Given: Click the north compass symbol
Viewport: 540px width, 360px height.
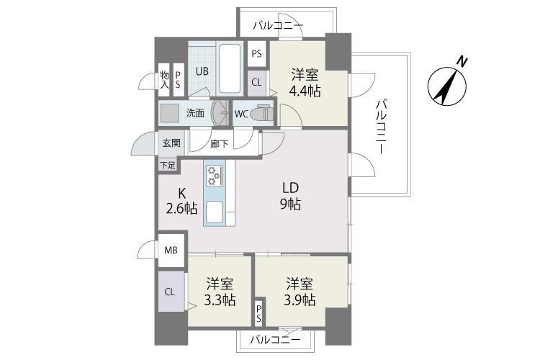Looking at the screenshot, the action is tap(446, 85).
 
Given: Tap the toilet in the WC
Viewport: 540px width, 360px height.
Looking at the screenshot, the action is tap(262, 112).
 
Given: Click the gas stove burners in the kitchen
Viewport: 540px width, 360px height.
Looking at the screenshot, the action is tap(214, 176).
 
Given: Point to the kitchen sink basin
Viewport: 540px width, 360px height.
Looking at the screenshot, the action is tap(214, 212).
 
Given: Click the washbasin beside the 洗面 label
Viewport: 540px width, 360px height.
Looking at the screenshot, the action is tap(220, 112).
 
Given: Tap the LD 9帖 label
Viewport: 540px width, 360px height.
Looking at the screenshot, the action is tap(290, 197).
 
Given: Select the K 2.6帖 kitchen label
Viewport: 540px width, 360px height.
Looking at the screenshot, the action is tap(181, 201).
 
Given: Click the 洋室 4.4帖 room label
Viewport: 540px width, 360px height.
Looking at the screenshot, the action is tap(305, 83).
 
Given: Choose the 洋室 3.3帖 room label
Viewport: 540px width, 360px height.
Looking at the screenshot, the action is tap(220, 292).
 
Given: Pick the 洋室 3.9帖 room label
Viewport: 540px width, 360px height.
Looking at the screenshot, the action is tap(300, 292).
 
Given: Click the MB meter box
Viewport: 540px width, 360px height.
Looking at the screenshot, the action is tap(171, 250).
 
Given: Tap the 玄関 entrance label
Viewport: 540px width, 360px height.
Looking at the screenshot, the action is tap(171, 143).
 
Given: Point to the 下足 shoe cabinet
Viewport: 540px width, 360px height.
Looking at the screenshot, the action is tap(168, 166).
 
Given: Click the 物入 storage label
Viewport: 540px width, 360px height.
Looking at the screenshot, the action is tap(165, 80).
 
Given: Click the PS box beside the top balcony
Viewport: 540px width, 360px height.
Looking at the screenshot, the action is tap(256, 54).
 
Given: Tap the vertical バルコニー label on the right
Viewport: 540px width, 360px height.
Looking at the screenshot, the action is tap(381, 126).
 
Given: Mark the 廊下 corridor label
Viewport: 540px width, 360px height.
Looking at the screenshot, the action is tap(220, 143).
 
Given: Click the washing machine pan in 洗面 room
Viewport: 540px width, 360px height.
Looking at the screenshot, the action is tap(170, 112).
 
